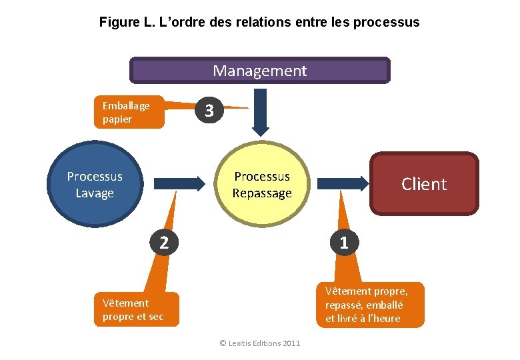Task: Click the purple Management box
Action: pyautogui.click(x=259, y=70)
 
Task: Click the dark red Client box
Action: pyautogui.click(x=424, y=184)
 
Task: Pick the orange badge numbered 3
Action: pyautogui.click(x=209, y=111)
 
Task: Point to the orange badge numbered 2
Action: pyautogui.click(x=163, y=242)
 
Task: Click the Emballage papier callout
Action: pyautogui.click(x=129, y=113)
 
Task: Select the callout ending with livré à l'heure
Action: pyautogui.click(x=370, y=305)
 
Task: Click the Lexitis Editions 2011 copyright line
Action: pyautogui.click(x=260, y=343)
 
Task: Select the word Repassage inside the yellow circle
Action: pyautogui.click(x=262, y=193)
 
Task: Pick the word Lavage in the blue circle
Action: pyautogui.click(x=95, y=193)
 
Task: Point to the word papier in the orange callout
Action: pyautogui.click(x=117, y=119)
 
